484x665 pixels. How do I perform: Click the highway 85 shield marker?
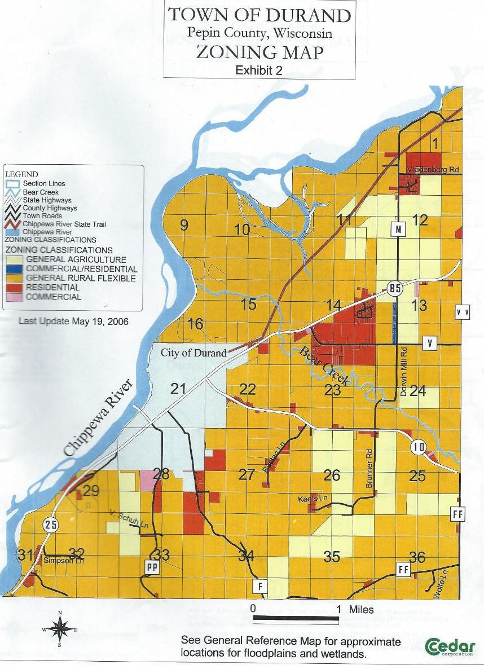(394, 288)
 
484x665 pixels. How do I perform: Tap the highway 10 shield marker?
(418, 448)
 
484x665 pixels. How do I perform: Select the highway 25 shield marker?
(51, 525)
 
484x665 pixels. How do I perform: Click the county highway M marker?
(398, 229)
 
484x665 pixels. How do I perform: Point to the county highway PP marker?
(151, 567)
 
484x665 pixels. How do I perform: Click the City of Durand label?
(193, 353)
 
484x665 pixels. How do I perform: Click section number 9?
(184, 226)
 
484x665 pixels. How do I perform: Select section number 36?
(417, 557)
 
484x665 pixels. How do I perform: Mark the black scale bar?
(296, 620)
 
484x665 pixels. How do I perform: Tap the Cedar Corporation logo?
(450, 646)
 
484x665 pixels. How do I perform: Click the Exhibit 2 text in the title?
(259, 71)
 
